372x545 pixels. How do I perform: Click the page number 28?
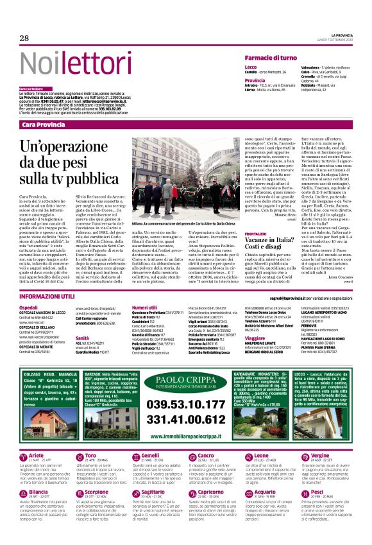[x=24, y=39]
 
